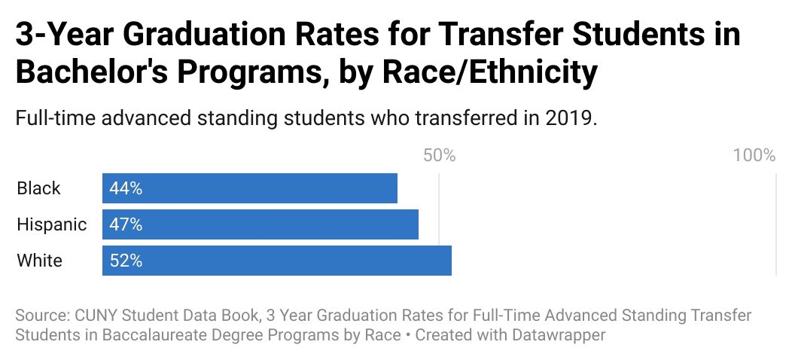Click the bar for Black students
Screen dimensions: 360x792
click(249, 188)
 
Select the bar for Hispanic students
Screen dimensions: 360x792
click(260, 224)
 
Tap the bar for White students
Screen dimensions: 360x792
click(276, 261)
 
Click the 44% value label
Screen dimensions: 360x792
click(126, 188)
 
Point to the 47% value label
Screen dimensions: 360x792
click(126, 224)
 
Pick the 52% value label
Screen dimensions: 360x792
click(126, 261)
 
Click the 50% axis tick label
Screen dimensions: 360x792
click(439, 155)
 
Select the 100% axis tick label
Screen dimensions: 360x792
click(754, 155)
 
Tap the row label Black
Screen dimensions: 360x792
click(38, 188)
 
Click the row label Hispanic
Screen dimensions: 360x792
click(51, 224)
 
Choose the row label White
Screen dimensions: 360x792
click(39, 261)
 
